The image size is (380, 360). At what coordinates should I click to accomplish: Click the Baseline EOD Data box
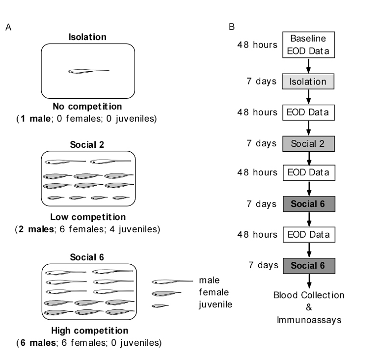(308, 45)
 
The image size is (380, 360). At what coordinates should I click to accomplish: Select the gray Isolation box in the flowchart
(308, 82)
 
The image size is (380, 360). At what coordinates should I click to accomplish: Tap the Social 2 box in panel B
(308, 144)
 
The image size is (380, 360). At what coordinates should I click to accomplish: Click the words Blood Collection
(309, 295)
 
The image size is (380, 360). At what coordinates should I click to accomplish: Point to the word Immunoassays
(309, 320)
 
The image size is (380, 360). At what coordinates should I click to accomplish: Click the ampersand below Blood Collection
(309, 307)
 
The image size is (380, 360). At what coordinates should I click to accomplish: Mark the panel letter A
(8, 27)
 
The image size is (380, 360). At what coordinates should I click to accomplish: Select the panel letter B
(232, 27)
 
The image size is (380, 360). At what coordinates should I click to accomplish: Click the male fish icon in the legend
(172, 282)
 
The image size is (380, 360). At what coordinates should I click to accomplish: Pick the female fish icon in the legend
(166, 294)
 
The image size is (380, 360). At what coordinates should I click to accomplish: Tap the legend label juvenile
(216, 305)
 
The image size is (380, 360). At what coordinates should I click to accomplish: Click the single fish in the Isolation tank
(88, 71)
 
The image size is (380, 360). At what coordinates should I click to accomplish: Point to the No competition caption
(87, 107)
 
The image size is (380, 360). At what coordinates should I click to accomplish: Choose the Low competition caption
(88, 217)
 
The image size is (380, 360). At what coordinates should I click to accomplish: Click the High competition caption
(90, 331)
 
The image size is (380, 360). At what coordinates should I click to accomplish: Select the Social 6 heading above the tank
(87, 257)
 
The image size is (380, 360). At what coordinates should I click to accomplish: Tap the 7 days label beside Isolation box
(262, 81)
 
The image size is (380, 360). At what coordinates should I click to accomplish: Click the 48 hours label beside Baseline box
(257, 45)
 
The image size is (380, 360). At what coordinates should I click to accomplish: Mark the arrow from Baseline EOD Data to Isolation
(308, 66)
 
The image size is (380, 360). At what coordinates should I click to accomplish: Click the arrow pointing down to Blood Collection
(309, 281)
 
